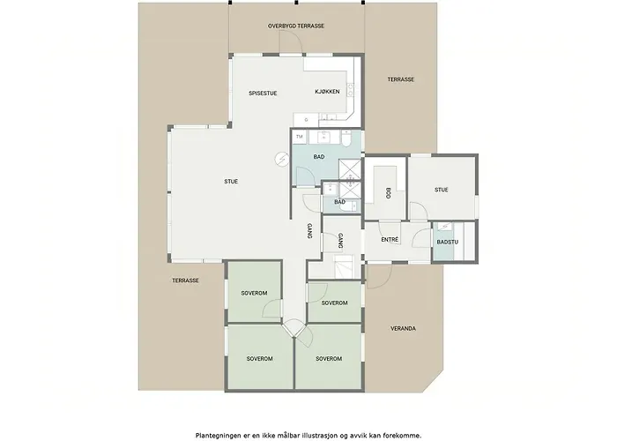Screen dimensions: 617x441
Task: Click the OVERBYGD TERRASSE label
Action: click(296, 26)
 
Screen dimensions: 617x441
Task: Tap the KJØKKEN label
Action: click(327, 92)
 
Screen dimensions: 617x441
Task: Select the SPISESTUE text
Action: click(263, 93)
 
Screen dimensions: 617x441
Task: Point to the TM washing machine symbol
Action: click(300, 137)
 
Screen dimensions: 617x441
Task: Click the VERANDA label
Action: click(403, 328)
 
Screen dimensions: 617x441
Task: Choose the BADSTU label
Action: click(448, 243)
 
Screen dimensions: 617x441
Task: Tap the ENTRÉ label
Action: click(390, 239)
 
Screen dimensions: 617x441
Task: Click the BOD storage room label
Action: click(389, 192)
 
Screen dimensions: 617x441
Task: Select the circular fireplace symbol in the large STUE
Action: click(282, 159)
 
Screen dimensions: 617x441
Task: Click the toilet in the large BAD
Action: click(346, 138)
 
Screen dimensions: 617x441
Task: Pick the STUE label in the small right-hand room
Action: click(441, 190)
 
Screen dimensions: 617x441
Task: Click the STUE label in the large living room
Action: click(231, 182)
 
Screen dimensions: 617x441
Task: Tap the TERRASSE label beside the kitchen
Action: click(400, 79)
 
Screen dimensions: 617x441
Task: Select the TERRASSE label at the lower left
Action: click(185, 280)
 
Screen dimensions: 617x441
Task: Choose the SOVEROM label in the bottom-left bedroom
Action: click(260, 359)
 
